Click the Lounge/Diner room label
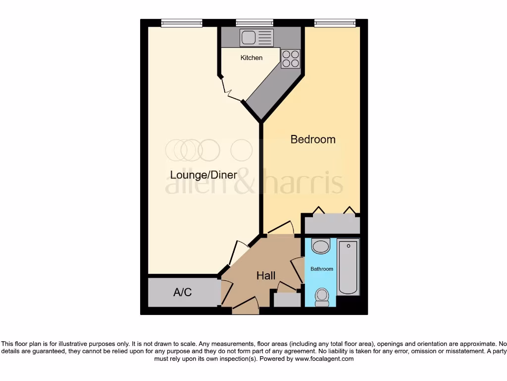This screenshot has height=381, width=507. (203, 175)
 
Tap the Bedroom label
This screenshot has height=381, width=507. (313, 139)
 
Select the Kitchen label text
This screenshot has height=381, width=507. (252, 58)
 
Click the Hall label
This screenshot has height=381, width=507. (266, 275)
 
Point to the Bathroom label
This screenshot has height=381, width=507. (322, 269)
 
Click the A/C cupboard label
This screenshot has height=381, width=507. (182, 292)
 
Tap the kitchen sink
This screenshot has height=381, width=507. (256, 37)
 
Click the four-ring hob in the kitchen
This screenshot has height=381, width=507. (291, 59)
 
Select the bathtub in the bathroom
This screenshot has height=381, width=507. (348, 267)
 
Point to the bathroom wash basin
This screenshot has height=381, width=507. (321, 246)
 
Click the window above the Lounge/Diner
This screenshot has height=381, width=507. (182, 22)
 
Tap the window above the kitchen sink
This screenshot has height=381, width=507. (254, 22)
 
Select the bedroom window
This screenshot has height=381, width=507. (335, 22)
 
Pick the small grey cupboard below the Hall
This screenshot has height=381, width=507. (287, 300)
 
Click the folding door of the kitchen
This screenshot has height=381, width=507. (231, 90)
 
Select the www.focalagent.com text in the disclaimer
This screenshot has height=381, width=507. (324, 359)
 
